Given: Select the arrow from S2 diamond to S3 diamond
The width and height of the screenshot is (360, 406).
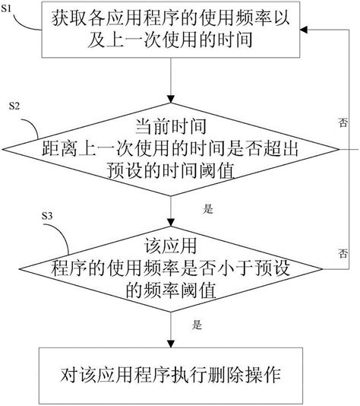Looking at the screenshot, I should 174,209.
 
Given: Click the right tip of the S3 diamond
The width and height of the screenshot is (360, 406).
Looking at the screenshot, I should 327,268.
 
